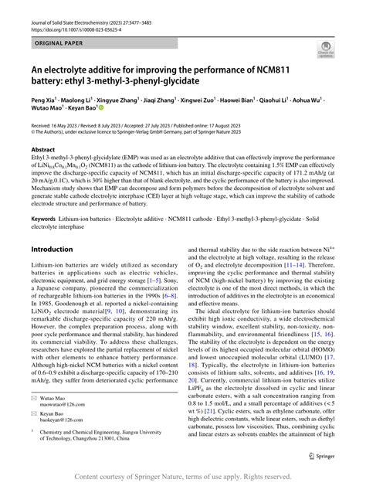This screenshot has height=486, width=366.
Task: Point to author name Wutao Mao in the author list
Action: (x=49, y=110)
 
